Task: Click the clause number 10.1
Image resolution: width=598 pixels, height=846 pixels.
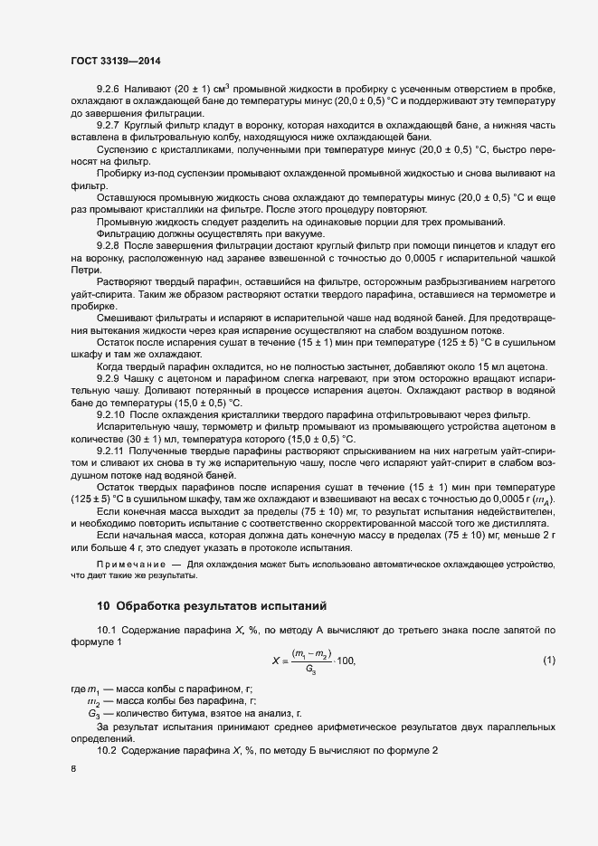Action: [107, 629]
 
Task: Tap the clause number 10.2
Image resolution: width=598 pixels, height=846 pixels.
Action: [107, 751]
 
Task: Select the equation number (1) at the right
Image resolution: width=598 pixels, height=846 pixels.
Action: [548, 660]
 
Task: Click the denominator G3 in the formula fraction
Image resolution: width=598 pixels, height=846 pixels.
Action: [311, 670]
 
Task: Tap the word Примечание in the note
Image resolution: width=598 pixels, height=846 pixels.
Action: [131, 564]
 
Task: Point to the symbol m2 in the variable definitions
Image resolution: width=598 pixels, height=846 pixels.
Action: [92, 701]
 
